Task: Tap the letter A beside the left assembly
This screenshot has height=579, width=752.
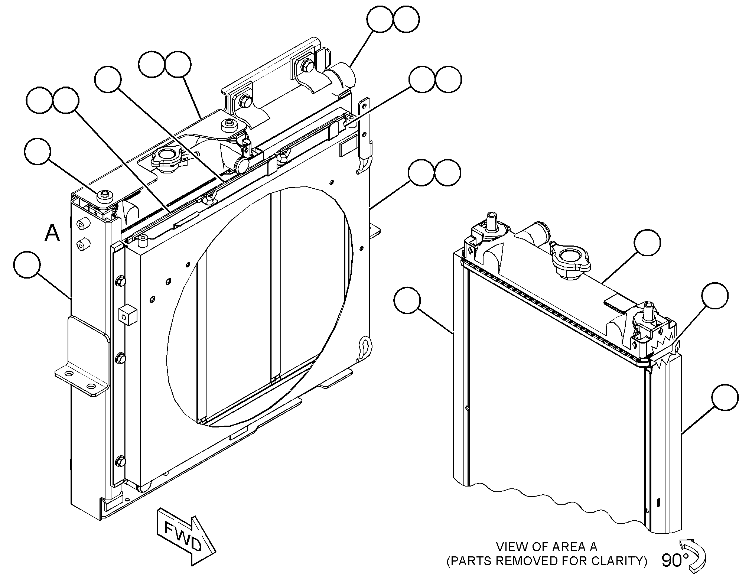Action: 52,233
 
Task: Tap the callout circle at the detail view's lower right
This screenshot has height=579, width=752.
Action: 725,397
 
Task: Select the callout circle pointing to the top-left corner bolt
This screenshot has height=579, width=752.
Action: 38,151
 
